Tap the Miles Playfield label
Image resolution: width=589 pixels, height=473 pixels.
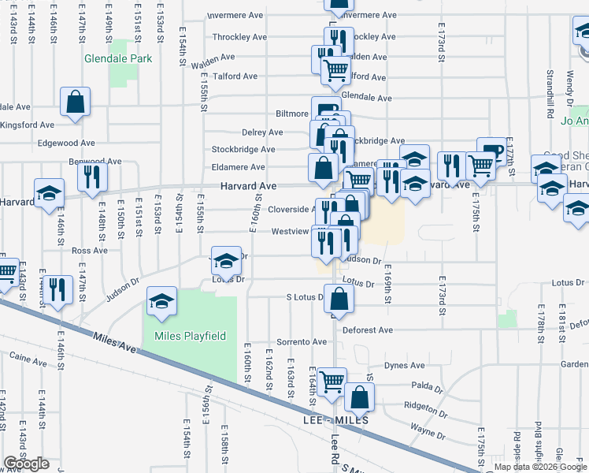[190, 337]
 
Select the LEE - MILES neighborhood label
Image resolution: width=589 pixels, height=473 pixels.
[335, 421]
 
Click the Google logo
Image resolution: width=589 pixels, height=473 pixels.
[26, 464]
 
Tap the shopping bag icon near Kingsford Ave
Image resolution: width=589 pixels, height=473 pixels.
[76, 102]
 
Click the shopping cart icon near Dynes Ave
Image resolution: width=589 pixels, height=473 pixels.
[332, 382]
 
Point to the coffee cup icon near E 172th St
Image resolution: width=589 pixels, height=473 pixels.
[491, 151]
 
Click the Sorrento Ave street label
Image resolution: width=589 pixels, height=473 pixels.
[295, 342]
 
